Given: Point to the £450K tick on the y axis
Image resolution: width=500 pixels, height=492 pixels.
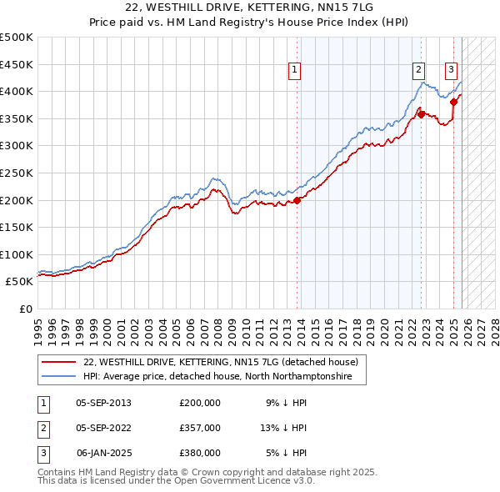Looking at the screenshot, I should [x=17, y=64].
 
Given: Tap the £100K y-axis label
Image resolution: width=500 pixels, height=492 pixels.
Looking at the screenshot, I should [x=17, y=254].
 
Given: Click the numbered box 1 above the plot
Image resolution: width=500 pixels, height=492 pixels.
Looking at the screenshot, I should [x=296, y=71].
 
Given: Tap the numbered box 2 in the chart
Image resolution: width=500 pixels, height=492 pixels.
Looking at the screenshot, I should [x=418, y=71].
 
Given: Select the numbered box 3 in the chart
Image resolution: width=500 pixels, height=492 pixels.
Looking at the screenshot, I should [x=451, y=71].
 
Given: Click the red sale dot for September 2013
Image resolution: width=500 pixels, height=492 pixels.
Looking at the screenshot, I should [x=297, y=200].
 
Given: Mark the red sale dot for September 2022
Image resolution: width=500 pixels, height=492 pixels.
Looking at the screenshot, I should [x=422, y=115].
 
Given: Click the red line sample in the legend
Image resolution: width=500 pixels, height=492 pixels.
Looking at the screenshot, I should [x=58, y=362].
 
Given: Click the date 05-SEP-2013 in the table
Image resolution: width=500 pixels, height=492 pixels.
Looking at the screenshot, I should [x=103, y=403].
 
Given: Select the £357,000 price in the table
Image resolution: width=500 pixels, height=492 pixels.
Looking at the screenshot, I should [x=200, y=428].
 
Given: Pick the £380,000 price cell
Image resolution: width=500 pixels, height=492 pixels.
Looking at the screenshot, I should [x=200, y=453].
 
